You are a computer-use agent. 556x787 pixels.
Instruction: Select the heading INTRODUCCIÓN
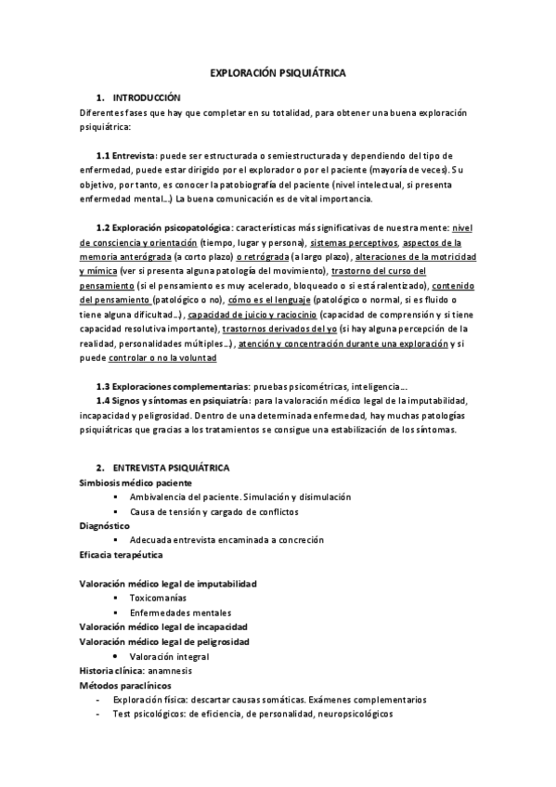point(146,97)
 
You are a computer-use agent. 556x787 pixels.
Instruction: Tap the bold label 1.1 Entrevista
point(125,156)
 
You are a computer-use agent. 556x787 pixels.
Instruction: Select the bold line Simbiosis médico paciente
point(136,484)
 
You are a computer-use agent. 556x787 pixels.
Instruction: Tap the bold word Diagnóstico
point(105,526)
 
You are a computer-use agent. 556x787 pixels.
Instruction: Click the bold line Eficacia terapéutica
point(123,555)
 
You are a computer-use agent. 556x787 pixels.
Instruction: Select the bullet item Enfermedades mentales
point(181,613)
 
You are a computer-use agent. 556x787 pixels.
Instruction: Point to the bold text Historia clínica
point(111,670)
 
